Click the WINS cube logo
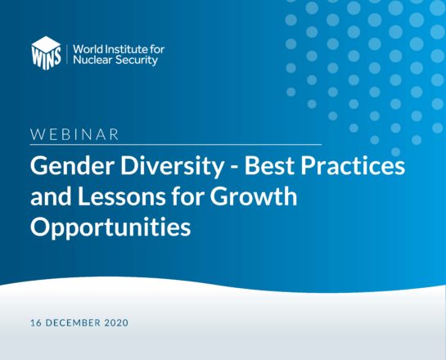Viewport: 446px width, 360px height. (46, 53)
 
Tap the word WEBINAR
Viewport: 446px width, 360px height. (74, 134)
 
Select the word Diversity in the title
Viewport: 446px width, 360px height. (173, 168)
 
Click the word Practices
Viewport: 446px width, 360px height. (353, 166)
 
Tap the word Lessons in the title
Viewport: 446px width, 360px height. (121, 197)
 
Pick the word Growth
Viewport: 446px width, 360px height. (254, 196)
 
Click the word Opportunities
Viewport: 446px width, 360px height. (110, 227)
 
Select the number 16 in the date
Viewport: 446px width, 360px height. (36, 322)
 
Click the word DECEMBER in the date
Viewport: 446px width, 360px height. (73, 322)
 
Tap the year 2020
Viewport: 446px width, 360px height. (116, 322)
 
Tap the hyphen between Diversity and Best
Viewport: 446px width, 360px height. (235, 168)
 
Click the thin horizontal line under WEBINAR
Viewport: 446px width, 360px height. (176, 145)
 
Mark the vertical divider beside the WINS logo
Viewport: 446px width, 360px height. (67, 54)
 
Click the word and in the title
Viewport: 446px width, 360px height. (51, 197)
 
